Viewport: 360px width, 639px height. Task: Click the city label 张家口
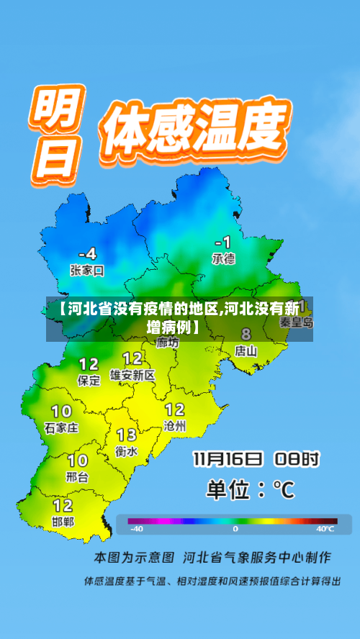coord(87,271)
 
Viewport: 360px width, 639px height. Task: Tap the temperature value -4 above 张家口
coord(86,253)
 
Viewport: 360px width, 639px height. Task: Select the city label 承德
coord(223,258)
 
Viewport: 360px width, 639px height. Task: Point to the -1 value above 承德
coord(223,241)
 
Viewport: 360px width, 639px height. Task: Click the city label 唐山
coord(246,351)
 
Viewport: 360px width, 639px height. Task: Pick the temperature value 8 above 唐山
coord(246,335)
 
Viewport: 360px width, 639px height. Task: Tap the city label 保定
coord(89,381)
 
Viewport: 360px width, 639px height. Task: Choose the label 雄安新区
coord(132,375)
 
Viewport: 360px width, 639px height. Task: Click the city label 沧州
coord(175,426)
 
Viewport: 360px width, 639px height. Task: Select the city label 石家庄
coord(61,427)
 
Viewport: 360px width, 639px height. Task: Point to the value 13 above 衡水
coord(127,435)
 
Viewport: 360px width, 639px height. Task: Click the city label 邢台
coord(78,476)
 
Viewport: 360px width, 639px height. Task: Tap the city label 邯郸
coord(63,521)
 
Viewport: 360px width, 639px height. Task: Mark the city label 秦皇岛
coord(297,324)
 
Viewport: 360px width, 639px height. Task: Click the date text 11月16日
coord(228,458)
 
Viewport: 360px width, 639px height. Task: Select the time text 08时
coord(300,458)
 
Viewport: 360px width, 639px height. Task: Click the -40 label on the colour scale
coord(135,529)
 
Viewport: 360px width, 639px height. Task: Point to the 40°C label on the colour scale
coord(325,529)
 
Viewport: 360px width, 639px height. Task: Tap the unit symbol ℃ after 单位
coord(284,490)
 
